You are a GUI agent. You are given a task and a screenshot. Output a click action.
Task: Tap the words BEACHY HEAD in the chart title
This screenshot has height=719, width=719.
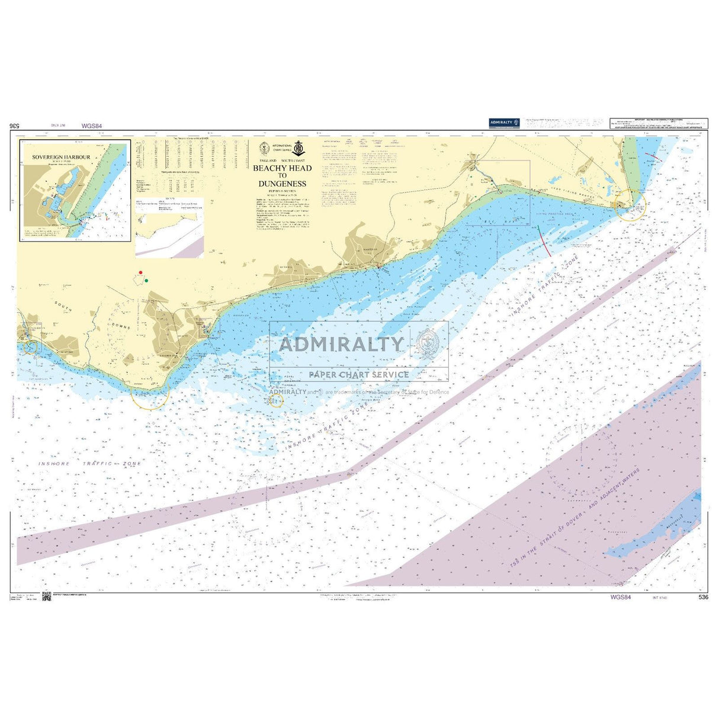click(282, 168)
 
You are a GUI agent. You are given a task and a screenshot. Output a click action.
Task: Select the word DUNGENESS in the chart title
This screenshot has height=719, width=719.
click(282, 184)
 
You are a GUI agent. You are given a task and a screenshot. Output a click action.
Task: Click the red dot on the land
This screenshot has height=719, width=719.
click(140, 272)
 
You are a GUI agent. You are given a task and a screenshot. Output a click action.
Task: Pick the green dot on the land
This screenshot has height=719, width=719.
click(146, 280)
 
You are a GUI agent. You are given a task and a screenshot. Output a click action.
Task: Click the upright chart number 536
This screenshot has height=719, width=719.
click(703, 598)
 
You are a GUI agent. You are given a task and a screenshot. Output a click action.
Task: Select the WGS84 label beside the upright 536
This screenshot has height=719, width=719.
click(620, 598)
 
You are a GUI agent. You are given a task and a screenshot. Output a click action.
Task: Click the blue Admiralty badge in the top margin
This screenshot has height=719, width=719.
click(504, 122)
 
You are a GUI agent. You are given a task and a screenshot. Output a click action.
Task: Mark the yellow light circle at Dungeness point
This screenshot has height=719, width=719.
click(631, 206)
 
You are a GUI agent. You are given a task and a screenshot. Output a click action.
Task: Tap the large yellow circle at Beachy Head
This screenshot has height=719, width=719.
click(150, 393)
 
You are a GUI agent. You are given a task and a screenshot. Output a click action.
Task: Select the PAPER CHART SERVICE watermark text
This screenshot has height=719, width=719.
click(358, 374)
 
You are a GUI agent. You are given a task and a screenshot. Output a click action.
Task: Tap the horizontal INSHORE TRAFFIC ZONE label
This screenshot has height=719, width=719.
click(89, 464)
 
